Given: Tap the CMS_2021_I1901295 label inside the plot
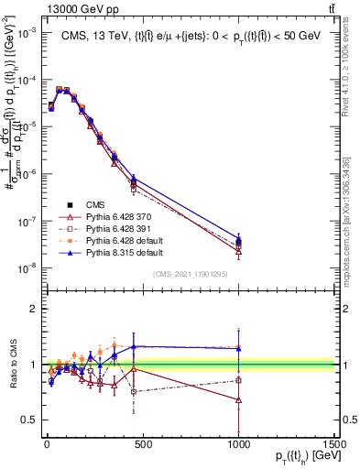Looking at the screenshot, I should (x=190, y=274).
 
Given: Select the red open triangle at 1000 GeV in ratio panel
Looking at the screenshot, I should (x=239, y=400).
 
